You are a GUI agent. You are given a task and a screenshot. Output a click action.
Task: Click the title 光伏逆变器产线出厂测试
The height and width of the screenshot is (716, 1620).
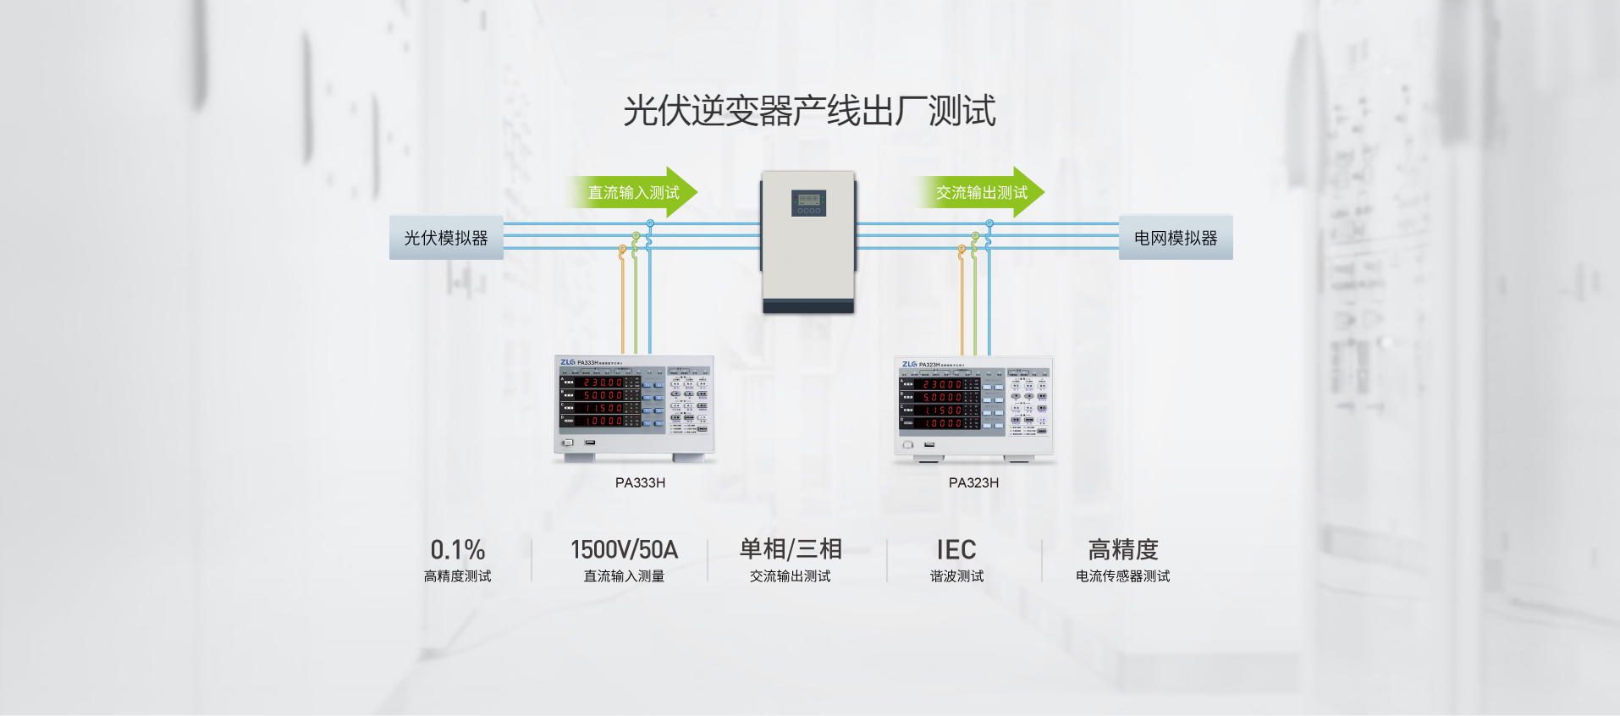tap(809, 111)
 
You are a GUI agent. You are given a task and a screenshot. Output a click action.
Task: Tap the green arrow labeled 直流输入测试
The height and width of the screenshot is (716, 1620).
tap(633, 192)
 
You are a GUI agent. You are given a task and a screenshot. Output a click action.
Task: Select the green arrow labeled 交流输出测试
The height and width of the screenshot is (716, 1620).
tap(981, 192)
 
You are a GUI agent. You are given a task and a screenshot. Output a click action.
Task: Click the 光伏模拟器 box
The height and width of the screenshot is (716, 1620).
tap(446, 238)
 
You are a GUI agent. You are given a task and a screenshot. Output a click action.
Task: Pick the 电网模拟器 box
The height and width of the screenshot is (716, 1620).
tap(1176, 238)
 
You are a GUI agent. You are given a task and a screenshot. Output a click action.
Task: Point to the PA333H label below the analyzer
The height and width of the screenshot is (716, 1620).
tap(640, 482)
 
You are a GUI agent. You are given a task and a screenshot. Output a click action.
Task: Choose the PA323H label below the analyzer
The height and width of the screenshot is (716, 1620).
tap(973, 482)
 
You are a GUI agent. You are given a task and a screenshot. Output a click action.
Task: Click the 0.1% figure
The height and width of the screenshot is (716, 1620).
tap(457, 550)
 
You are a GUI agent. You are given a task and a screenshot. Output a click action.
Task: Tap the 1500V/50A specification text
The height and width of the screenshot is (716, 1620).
tap(624, 550)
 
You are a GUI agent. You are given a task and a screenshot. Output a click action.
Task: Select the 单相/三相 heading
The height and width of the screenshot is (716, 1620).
tap(791, 549)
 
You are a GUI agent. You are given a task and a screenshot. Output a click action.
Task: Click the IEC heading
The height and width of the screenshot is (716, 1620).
tap(956, 550)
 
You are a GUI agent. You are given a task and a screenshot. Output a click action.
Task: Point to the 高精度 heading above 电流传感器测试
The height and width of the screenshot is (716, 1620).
tap(1123, 549)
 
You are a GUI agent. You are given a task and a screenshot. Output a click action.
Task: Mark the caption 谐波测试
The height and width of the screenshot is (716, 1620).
tap(956, 576)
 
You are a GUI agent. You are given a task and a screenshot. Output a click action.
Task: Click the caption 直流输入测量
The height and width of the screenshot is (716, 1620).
tap(624, 576)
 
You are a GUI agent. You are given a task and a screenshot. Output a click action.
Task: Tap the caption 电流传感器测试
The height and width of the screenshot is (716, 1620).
tap(1123, 576)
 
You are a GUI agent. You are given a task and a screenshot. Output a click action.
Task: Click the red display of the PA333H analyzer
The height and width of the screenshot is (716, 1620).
tap(603, 402)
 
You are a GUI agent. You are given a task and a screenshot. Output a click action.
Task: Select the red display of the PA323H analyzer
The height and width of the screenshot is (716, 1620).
tap(942, 404)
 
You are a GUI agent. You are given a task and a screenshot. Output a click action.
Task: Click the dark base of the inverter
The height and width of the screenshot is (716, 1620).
tap(808, 306)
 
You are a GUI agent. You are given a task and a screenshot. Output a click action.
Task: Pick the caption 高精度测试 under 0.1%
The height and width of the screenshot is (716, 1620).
tap(457, 576)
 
